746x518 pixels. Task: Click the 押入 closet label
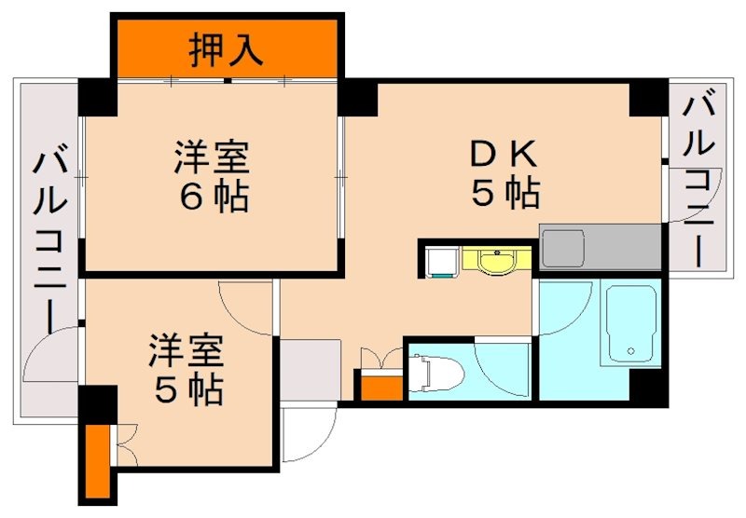coord(227,48)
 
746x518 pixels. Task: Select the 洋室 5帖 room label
coord(187,370)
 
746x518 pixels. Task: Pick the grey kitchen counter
coord(600,246)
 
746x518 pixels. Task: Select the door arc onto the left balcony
coord(53,359)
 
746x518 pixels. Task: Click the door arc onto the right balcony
coord(680,200)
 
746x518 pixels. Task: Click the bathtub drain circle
coord(631,351)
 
